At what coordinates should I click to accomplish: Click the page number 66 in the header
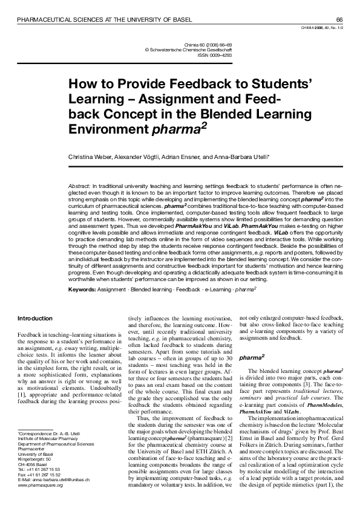[339, 20]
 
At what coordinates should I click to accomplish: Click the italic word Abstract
[79, 181]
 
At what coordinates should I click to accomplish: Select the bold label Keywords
[82, 290]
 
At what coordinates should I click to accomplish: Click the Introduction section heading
[34, 318]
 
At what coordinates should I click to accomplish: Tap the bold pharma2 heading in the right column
[250, 358]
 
